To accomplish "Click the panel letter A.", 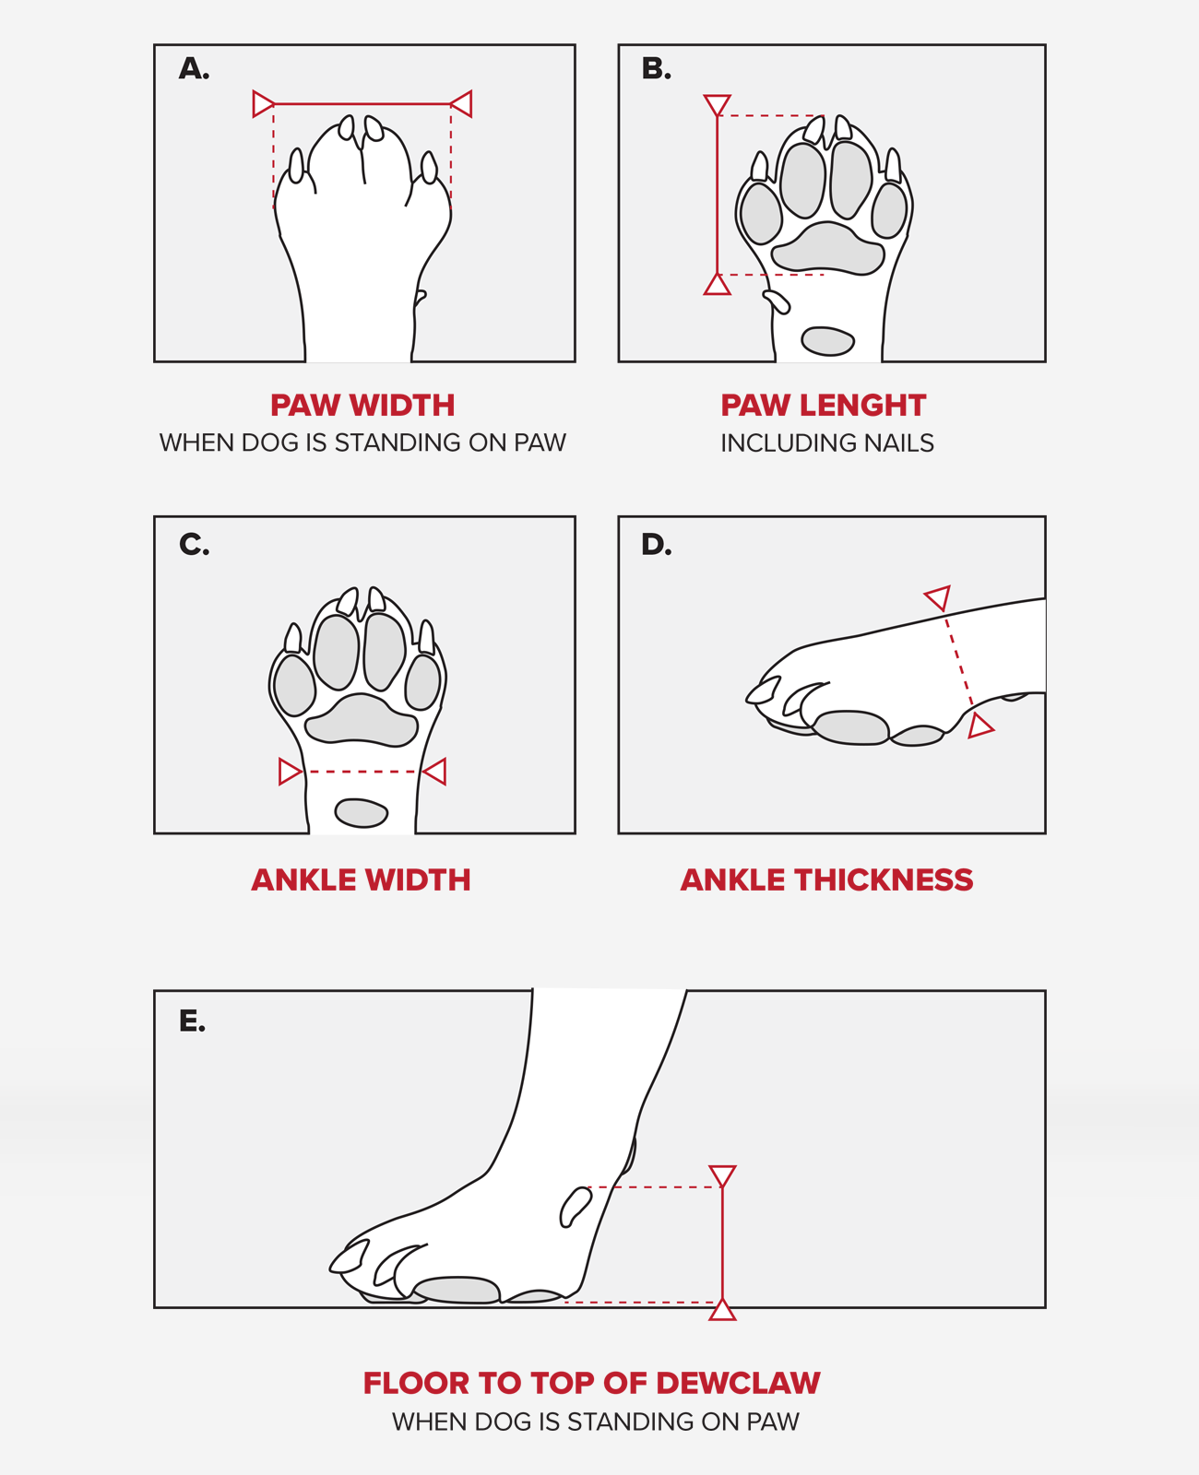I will click(x=194, y=68).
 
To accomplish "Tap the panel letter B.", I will click(x=656, y=68).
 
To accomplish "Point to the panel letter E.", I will click(x=192, y=1021).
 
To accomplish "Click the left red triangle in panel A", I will click(x=262, y=104).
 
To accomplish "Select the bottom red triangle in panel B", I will click(x=717, y=285).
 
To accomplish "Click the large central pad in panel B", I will click(x=827, y=248).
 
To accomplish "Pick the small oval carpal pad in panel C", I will click(x=361, y=813).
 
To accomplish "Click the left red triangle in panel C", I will click(x=289, y=772).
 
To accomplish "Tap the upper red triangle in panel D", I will click(x=938, y=597).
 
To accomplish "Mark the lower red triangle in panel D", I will click(x=979, y=726).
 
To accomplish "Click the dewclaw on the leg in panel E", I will click(x=576, y=1207).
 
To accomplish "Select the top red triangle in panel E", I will click(x=722, y=1175).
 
